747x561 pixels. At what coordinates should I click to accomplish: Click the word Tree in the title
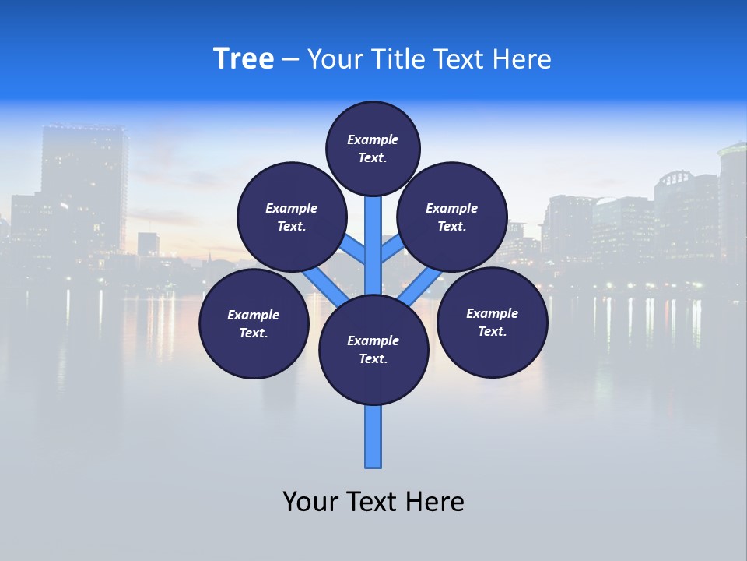pyautogui.click(x=244, y=59)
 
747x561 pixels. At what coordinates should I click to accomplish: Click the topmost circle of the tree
pyautogui.click(x=373, y=148)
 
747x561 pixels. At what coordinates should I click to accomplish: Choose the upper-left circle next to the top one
pyautogui.click(x=292, y=217)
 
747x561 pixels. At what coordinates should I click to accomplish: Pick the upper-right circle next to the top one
pyautogui.click(x=452, y=217)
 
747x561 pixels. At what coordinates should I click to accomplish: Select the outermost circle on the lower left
pyautogui.click(x=254, y=323)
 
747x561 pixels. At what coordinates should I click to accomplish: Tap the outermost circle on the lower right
pyautogui.click(x=492, y=322)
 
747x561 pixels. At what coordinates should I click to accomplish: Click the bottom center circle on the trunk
pyautogui.click(x=373, y=350)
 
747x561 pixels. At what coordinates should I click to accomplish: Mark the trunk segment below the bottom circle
pyautogui.click(x=373, y=436)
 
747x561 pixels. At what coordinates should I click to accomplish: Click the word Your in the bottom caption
pyautogui.click(x=309, y=501)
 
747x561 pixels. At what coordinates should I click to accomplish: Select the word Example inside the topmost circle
pyautogui.click(x=373, y=139)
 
